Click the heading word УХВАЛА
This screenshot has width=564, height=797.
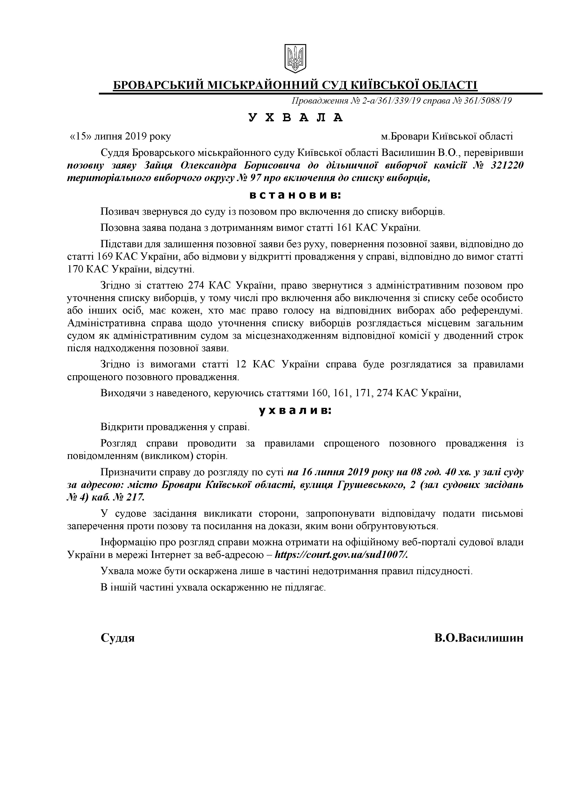[x=296, y=118]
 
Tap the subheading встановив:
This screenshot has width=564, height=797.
[x=296, y=195]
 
